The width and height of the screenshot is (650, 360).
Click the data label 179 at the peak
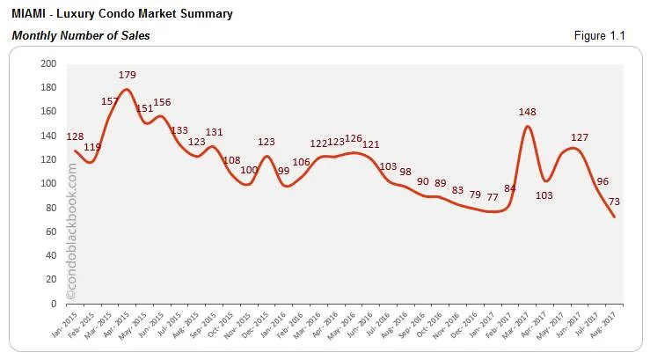coord(128,74)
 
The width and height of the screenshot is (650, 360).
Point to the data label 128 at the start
coord(76,136)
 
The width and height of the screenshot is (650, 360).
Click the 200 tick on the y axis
coord(48,64)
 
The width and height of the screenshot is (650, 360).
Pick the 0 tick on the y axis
coord(54,304)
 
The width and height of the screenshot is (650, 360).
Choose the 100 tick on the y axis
coord(48,184)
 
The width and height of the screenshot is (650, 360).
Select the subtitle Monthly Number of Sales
coord(80,35)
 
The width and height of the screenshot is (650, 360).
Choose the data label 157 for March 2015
coord(111,101)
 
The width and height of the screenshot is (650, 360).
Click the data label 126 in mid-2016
coord(354,138)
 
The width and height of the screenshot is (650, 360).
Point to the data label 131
coord(214,132)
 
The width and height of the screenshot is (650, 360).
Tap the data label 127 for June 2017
coord(580,136)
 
